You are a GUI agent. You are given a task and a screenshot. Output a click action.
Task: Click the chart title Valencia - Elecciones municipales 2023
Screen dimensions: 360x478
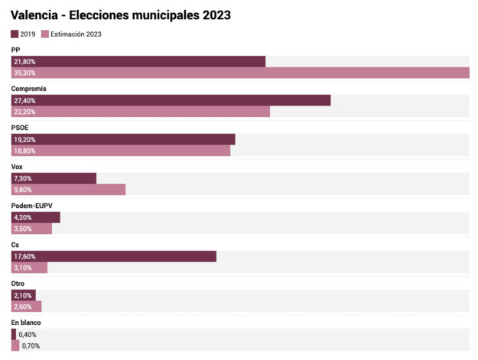121,15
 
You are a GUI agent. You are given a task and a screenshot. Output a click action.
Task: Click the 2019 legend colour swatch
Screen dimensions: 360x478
15,34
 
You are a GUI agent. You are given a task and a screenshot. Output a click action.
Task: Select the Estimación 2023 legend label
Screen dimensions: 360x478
76,34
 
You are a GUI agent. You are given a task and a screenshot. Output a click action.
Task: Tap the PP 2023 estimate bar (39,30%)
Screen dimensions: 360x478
240,73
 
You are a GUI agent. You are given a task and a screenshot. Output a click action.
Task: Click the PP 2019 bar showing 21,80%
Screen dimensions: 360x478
138,61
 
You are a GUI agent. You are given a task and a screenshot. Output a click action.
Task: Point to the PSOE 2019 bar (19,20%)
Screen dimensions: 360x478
123,139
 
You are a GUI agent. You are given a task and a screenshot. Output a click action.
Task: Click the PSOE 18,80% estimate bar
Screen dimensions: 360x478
121,151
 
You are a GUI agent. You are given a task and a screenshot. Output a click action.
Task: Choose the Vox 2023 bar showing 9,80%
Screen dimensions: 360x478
68,190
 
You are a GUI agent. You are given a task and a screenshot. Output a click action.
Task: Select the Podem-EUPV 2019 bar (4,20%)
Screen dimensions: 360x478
35,217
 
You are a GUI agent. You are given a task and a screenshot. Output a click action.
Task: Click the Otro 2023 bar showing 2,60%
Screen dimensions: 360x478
26,306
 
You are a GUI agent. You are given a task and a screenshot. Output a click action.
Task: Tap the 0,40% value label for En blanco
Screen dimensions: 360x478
27,334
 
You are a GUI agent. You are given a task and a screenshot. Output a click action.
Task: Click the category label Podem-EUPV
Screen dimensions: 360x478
31,206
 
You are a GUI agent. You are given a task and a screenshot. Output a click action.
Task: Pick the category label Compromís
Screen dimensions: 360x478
29,89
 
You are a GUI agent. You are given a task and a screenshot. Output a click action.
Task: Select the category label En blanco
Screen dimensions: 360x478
26,323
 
